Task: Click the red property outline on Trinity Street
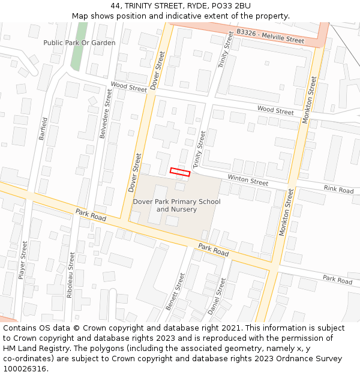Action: (180, 172)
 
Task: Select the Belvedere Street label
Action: (105, 114)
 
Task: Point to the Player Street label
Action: (23, 260)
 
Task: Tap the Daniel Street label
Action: (217, 296)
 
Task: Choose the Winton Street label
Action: (247, 180)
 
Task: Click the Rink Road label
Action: (338, 189)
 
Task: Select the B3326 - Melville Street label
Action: (270, 35)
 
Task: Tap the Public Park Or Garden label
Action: (79, 43)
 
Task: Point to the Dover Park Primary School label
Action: (176, 205)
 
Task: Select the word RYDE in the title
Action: (194, 6)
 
